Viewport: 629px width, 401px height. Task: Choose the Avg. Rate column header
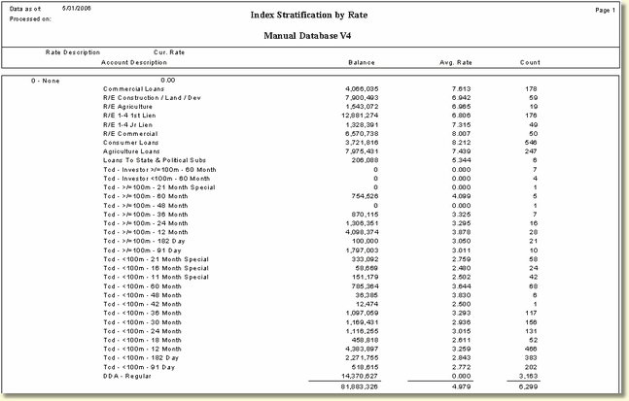[x=456, y=62]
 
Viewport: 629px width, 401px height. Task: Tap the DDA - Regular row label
[x=126, y=377]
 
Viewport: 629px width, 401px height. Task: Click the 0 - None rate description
[x=47, y=80]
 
